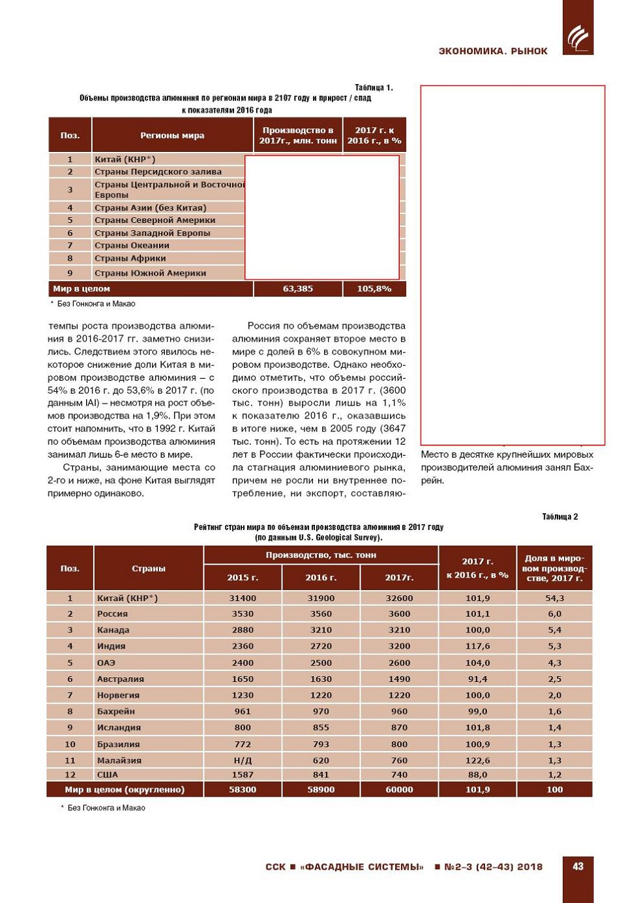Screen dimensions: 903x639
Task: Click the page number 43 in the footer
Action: [578, 866]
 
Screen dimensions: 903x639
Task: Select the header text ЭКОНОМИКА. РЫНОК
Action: [493, 51]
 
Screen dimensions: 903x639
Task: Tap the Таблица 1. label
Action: [374, 87]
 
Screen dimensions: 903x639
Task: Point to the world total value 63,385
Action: [298, 289]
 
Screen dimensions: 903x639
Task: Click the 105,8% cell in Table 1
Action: [374, 289]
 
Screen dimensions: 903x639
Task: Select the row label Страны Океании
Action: [132, 246]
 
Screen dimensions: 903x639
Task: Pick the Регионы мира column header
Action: [172, 136]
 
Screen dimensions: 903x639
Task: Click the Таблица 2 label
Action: [559, 517]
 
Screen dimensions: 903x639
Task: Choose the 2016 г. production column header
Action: [321, 578]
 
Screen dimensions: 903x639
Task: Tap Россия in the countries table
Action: [112, 614]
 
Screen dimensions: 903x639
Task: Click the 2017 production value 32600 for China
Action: [399, 598]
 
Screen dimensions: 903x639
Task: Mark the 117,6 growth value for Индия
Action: [477, 646]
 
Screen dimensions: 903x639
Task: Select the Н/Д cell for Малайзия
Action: [243, 760]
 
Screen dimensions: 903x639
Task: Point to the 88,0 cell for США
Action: [477, 775]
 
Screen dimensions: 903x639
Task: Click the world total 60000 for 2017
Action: [399, 790]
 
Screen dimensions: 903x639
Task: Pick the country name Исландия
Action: [119, 728]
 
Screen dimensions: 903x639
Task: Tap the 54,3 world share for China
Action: [554, 598]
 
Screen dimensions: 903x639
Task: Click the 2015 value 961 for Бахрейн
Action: [243, 711]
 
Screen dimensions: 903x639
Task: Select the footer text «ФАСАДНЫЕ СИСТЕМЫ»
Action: [362, 867]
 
